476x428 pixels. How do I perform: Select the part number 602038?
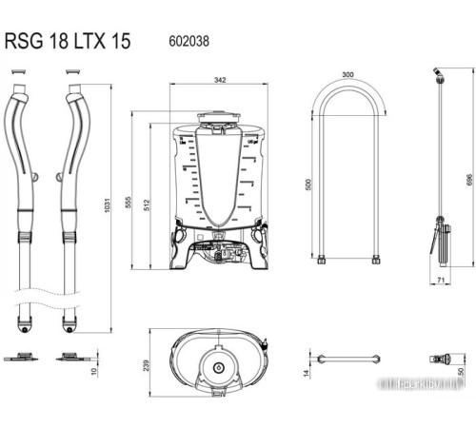[x=188, y=42]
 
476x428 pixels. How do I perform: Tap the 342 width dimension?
[x=221, y=81]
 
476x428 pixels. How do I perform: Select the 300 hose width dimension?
[x=347, y=73]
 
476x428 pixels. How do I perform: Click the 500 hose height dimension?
[x=308, y=185]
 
